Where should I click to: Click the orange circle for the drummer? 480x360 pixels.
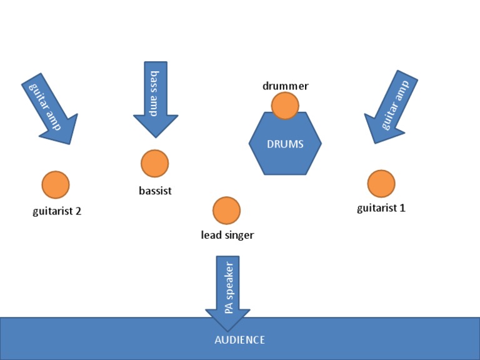pyautogui.click(x=285, y=106)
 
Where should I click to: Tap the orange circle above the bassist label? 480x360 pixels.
pyautogui.click(x=154, y=164)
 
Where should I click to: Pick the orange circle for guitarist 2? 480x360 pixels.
pyautogui.click(x=56, y=184)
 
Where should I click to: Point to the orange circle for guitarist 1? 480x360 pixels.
pyautogui.click(x=381, y=183)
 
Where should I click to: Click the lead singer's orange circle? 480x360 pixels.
pyautogui.click(x=226, y=211)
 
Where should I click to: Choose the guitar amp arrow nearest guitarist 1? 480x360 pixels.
pyautogui.click(x=390, y=107)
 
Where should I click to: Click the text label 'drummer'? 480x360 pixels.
pyautogui.click(x=285, y=86)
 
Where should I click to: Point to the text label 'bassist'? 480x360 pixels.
pyautogui.click(x=155, y=191)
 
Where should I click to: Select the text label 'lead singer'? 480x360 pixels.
pyautogui.click(x=227, y=236)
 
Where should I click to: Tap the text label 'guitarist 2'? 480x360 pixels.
pyautogui.click(x=57, y=211)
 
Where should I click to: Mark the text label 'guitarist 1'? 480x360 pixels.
pyautogui.click(x=381, y=208)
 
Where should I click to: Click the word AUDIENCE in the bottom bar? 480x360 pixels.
pyautogui.click(x=239, y=340)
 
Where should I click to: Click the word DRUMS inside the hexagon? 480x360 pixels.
pyautogui.click(x=285, y=144)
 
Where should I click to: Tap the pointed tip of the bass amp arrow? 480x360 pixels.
pyautogui.click(x=156, y=136)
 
